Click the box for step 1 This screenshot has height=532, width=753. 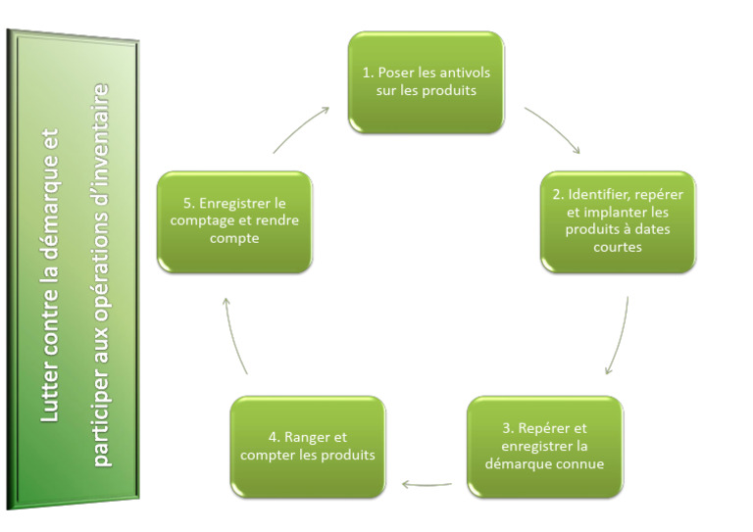pos(427,82)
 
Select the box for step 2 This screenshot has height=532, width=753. pos(618,221)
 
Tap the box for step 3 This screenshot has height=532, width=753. pos(544,446)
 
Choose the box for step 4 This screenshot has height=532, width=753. pos(307,446)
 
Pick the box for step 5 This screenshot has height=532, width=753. pos(235,221)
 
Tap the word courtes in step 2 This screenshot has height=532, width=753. pos(618,248)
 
